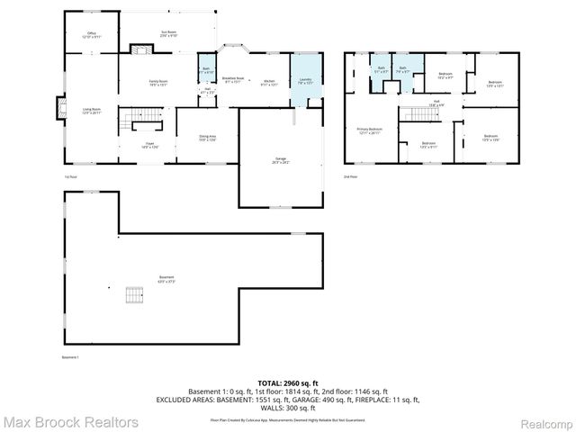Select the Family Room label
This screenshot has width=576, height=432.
tap(158, 83)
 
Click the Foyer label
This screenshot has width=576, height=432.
tap(148, 144)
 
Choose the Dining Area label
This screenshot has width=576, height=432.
tap(206, 137)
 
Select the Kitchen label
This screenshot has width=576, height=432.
tap(268, 83)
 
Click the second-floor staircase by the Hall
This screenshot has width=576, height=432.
tap(416, 115)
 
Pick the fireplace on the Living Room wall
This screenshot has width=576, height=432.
tap(59, 109)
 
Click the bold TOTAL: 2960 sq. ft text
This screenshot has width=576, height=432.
tap(287, 382)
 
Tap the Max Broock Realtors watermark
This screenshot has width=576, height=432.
tap(70, 421)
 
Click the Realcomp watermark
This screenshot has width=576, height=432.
tap(540, 421)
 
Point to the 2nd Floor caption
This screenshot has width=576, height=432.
tap(350, 176)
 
